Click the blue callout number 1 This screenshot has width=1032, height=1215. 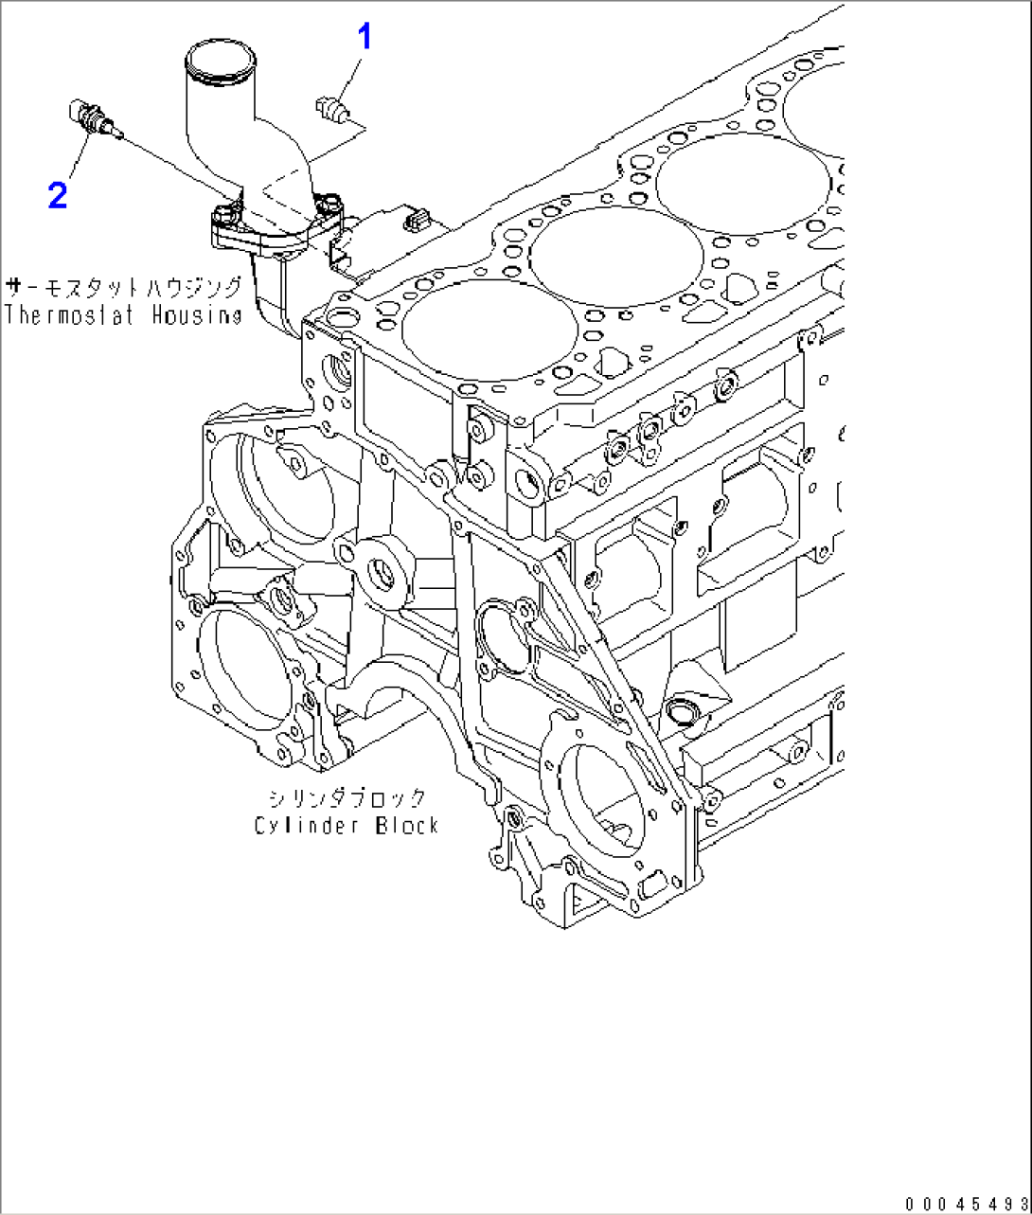click(x=364, y=38)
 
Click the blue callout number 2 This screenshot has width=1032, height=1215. click(x=58, y=196)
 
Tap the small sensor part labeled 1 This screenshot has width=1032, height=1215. click(x=333, y=109)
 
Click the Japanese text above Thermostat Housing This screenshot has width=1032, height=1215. click(x=123, y=287)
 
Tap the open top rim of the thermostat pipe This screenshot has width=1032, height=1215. click(x=223, y=58)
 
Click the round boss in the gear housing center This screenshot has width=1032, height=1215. click(x=384, y=573)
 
